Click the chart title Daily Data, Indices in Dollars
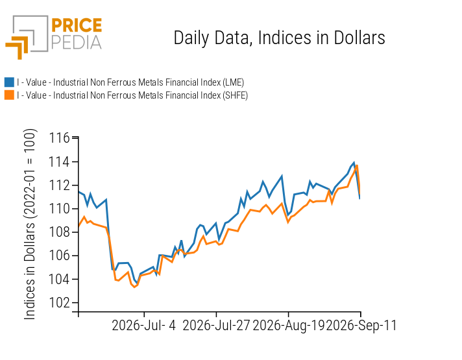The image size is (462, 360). point(279,38)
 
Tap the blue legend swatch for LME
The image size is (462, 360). point(9,82)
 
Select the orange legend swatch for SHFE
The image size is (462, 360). point(9,95)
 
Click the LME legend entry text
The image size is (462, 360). point(130,82)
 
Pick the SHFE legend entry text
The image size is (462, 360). point(132,95)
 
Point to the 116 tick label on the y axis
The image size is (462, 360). point(59,138)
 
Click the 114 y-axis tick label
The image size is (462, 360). point(59,162)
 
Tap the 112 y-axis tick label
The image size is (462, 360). point(59,186)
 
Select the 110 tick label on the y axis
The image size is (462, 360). point(59,209)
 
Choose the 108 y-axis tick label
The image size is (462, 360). point(59,232)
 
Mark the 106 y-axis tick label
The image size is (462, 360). point(59,256)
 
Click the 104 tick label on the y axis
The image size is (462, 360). point(59,279)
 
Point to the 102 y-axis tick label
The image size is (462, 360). point(59,302)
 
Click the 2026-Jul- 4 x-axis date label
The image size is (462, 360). point(144,326)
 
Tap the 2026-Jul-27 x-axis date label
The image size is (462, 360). point(216,326)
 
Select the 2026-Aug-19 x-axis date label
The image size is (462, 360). point(288,326)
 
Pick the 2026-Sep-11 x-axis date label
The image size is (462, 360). point(361,326)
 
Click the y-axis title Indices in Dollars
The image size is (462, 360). point(30,224)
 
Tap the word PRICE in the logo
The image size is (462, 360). point(77,25)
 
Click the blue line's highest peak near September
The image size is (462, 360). point(354,163)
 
